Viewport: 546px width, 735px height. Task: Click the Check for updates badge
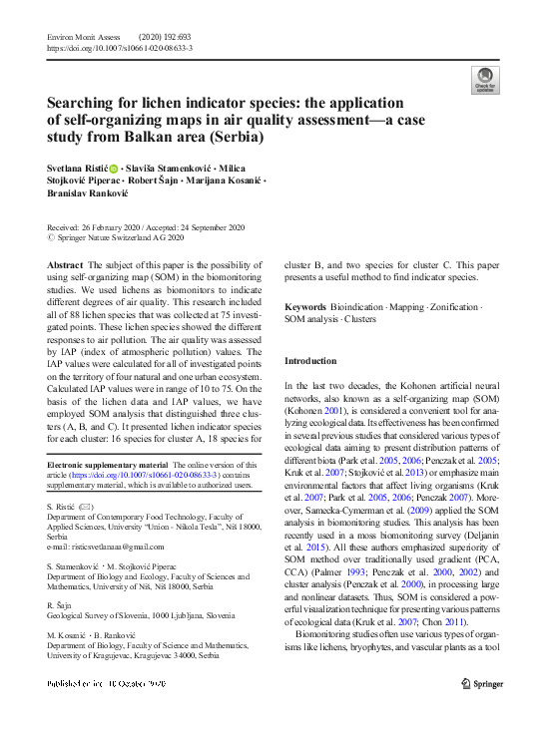(x=485, y=80)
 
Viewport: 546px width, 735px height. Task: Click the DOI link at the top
(x=120, y=47)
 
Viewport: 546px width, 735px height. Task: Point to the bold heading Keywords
(x=305, y=306)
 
